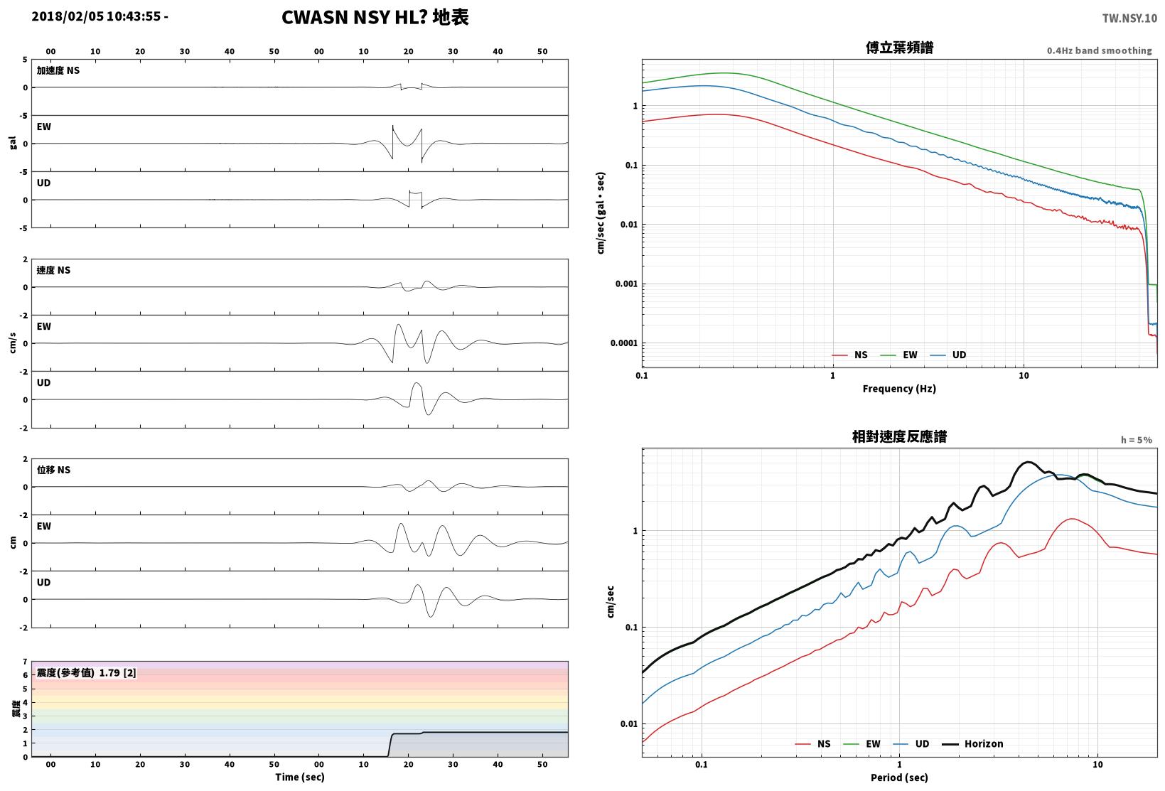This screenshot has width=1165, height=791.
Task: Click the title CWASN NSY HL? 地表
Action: point(375,17)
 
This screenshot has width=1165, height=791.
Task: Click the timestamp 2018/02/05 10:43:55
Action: point(96,16)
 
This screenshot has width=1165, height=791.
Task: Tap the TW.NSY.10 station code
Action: point(1129,18)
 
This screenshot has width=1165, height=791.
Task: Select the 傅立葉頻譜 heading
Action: point(899,48)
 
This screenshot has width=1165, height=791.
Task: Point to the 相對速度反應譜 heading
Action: point(899,436)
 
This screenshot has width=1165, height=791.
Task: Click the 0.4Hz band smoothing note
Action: point(1100,50)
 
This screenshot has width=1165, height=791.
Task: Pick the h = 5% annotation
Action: point(1137,440)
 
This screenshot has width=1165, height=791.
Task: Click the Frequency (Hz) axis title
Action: point(899,389)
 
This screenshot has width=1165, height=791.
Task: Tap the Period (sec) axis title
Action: point(899,777)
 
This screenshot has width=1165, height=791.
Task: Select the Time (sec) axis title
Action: point(300,777)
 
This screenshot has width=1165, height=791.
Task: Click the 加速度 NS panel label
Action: point(58,71)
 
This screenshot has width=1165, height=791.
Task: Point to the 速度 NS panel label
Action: point(53,271)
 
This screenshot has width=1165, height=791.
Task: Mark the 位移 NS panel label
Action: point(53,470)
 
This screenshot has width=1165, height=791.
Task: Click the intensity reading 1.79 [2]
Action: point(117,673)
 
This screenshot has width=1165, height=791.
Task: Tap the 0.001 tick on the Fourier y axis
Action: point(626,284)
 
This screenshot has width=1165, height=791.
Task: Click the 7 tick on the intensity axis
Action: point(25,662)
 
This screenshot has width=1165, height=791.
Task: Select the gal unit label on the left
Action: point(13,143)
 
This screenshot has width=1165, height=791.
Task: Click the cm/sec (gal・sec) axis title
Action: point(601,213)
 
